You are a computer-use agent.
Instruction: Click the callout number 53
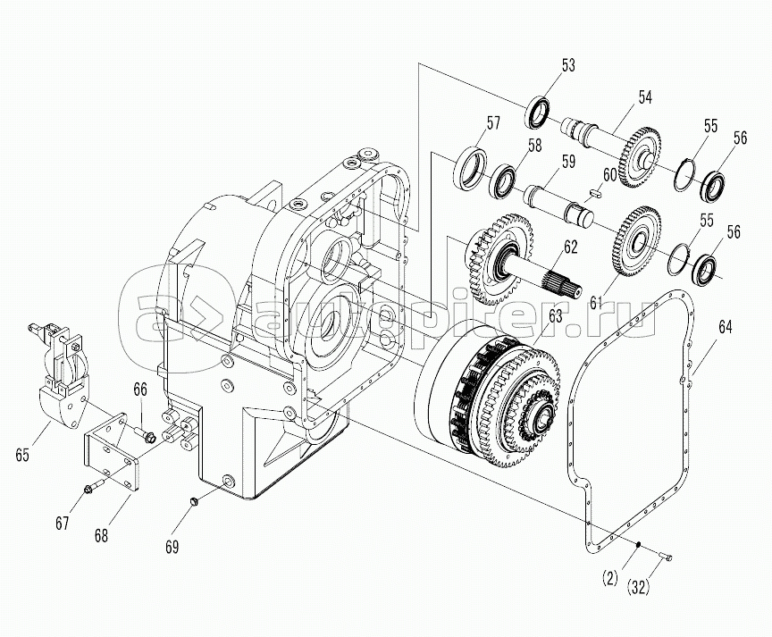click(x=568, y=65)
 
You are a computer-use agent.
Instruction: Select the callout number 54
click(x=644, y=97)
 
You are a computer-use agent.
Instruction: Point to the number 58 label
click(x=534, y=147)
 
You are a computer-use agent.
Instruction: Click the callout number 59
click(x=566, y=162)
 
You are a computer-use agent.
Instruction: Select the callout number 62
click(x=570, y=247)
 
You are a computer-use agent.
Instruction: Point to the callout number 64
click(x=725, y=327)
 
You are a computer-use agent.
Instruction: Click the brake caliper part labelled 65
click(x=59, y=384)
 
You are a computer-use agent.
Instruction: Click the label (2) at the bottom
click(x=611, y=577)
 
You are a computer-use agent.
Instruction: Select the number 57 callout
click(x=493, y=122)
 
